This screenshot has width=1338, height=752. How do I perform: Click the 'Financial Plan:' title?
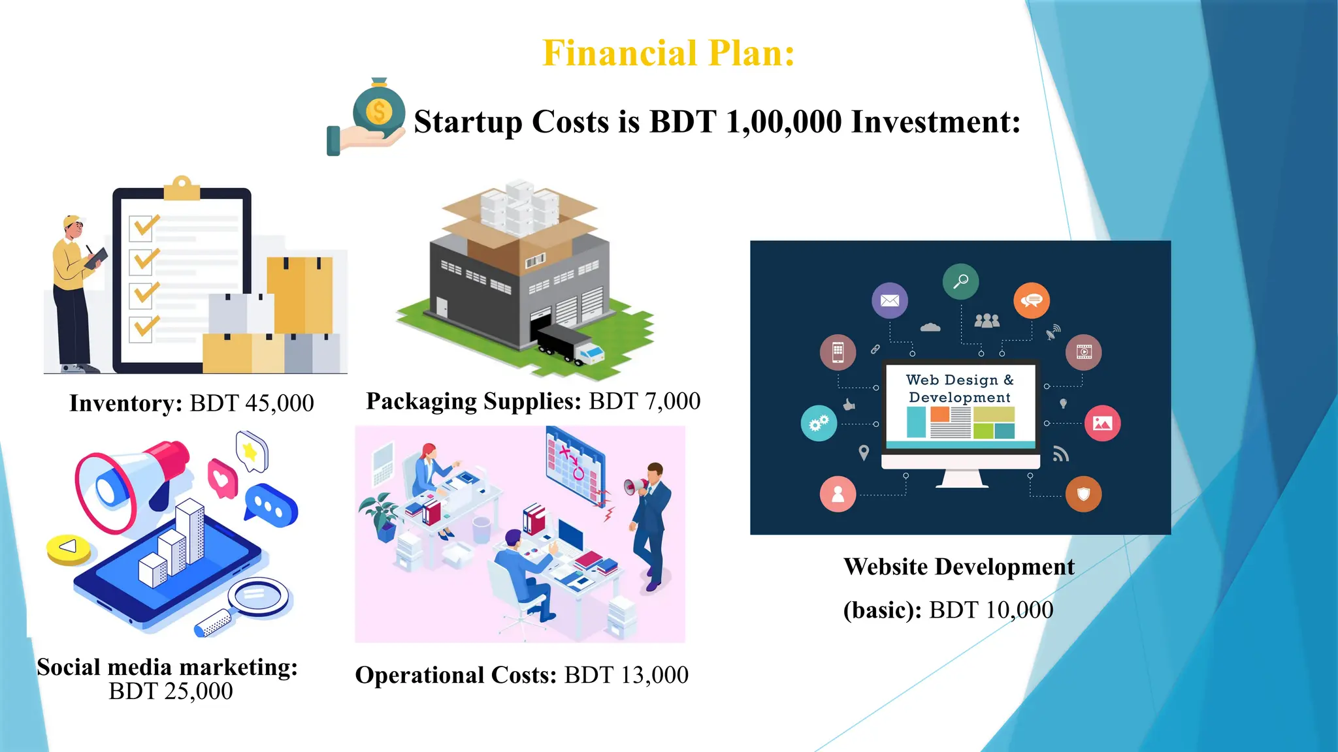668,54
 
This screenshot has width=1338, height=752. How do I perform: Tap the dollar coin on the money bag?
378,111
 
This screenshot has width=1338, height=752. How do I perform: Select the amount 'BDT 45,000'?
252,403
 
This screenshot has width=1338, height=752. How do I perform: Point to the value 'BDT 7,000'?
644,401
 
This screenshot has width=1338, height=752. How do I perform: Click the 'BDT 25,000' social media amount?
171,691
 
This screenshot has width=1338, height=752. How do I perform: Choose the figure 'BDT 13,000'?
626,675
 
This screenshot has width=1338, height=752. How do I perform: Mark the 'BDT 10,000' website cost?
990,610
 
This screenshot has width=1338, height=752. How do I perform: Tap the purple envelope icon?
889,300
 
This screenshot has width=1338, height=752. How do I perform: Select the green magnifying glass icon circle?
960,281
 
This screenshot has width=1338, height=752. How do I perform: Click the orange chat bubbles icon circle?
1031,300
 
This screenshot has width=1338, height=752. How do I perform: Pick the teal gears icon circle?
819,424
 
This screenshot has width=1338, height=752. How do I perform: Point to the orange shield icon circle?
1083,494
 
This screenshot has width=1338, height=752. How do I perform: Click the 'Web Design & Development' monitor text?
960,388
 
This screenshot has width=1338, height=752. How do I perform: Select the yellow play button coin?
69,548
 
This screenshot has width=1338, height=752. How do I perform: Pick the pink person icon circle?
838,494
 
